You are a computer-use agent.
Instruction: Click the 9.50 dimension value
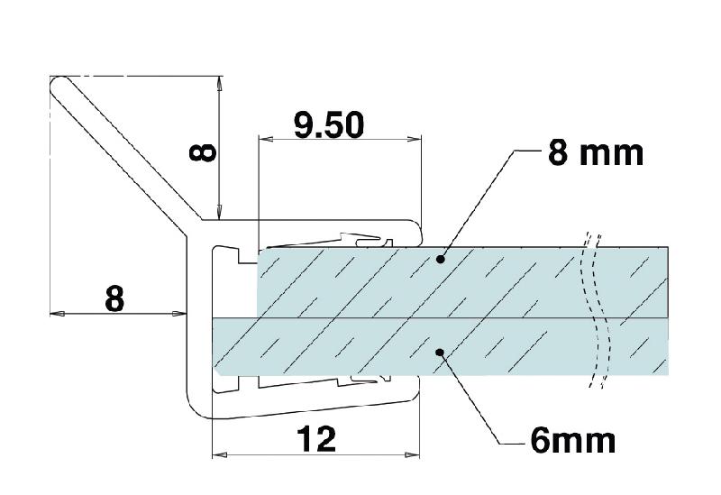coord(329,124)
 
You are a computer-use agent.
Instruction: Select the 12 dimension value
coord(315,439)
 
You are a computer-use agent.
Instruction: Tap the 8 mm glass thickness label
coord(595,153)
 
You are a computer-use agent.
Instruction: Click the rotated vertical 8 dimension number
coord(205,150)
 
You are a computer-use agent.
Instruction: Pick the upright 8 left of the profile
coord(114,298)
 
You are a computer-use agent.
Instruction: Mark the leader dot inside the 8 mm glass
coord(440,260)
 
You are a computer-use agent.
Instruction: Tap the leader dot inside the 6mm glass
coord(440,353)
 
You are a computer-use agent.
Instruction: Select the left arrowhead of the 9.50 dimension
coord(263,138)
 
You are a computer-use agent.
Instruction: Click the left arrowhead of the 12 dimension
coord(216,454)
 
